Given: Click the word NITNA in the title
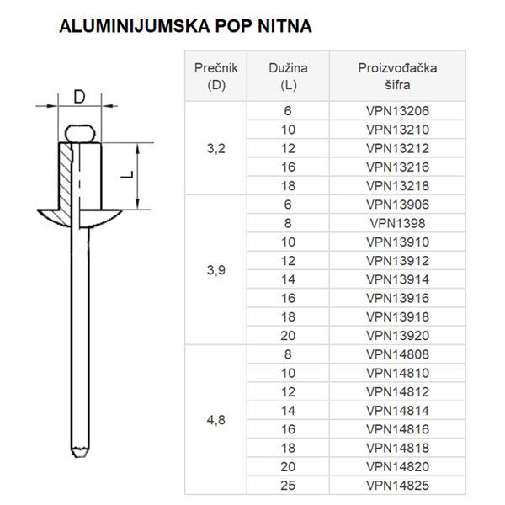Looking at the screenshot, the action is tap(284, 26).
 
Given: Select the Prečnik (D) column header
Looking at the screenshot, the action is tap(216, 77).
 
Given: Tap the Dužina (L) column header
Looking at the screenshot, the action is tap(288, 77).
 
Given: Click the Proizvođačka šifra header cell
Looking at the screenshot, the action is tap(397, 77).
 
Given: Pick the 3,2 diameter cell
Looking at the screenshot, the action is tap(215, 148).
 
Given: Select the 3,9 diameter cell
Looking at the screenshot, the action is tap(215, 270).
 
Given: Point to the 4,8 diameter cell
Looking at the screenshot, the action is tap(215, 420).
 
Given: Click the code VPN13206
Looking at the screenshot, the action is tap(397, 111).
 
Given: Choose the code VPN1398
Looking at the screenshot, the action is tap(397, 223).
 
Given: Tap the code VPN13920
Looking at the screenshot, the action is tap(397, 336).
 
